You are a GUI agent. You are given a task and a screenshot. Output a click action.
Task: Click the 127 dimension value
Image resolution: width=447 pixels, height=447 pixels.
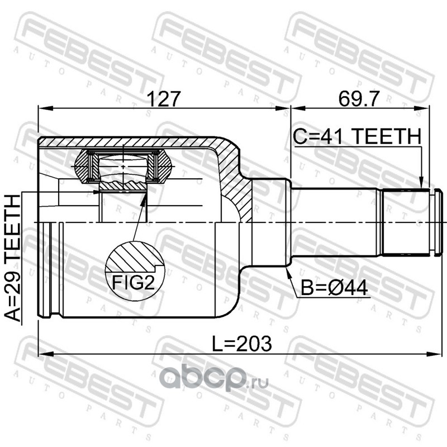[x=163, y=99]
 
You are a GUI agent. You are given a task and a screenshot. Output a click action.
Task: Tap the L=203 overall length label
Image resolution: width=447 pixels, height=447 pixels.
[x=242, y=344]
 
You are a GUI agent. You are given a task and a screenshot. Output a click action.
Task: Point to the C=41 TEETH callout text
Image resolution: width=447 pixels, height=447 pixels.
[x=357, y=136]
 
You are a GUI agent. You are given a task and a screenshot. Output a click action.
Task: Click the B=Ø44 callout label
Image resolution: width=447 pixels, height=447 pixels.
[x=334, y=288]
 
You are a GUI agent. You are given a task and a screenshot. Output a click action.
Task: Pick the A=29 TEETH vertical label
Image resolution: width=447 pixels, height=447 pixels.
[x=13, y=258]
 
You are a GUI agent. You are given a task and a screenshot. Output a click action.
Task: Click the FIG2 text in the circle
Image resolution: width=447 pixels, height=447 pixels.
[x=133, y=283]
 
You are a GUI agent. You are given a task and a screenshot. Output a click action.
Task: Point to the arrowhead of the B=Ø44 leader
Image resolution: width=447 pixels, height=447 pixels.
[x=288, y=271]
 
